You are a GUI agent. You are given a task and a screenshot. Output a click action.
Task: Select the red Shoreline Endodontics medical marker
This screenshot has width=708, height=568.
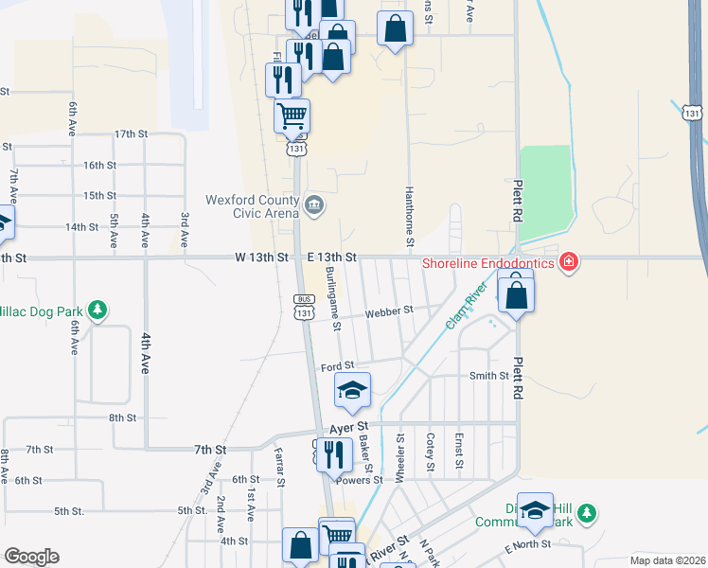(x=569, y=260)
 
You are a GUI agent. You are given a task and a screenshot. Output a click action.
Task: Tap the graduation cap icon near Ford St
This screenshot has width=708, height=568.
(x=352, y=390)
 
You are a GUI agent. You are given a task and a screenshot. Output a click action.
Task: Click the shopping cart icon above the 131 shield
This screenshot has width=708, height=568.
(x=292, y=116)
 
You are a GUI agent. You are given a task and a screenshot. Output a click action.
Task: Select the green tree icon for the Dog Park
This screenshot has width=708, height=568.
(x=96, y=310)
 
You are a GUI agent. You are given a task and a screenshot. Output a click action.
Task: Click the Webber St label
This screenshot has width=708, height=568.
(x=394, y=310)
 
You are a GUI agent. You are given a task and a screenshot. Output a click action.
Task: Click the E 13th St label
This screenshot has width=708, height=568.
(x=331, y=257)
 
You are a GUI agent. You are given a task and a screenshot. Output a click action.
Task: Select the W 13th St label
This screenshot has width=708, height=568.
(x=261, y=257)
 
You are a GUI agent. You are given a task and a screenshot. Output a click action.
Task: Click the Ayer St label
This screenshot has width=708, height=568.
(x=348, y=428)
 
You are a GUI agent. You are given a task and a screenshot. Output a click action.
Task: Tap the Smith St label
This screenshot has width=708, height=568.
(x=488, y=376)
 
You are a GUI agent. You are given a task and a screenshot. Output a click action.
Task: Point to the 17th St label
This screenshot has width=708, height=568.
(x=131, y=134)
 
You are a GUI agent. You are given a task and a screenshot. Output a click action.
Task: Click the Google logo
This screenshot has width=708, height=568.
(x=31, y=557)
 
